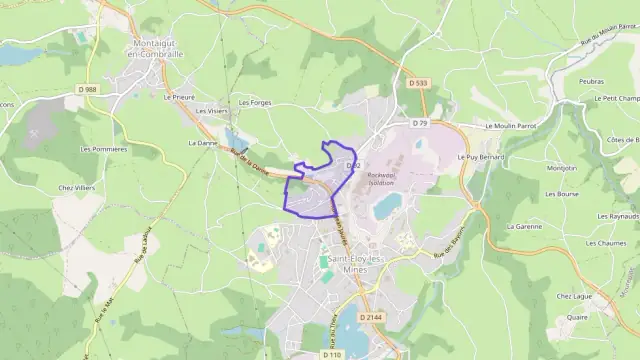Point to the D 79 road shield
[419, 123]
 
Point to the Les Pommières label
[103, 149]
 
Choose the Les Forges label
[255, 102]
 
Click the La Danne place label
[202, 143]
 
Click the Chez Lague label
[577, 295]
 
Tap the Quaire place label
[577, 317]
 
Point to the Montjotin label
[562, 167]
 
